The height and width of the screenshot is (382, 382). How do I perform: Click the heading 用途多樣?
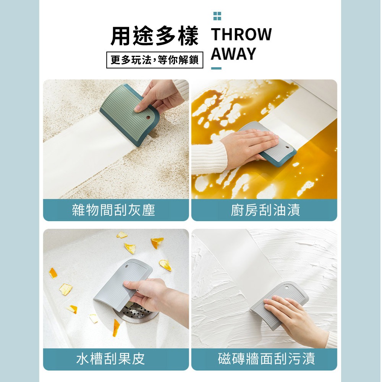(x=154, y=36)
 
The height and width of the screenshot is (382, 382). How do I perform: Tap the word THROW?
(x=241, y=34)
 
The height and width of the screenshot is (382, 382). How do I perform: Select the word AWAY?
(x=233, y=53)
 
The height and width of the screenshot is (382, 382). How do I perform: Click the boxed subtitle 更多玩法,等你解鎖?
(x=155, y=60)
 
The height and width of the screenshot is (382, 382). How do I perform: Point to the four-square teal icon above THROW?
(x=217, y=16)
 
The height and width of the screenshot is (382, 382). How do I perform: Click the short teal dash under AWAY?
(x=216, y=68)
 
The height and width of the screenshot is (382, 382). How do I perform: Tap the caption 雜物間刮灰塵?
(x=113, y=210)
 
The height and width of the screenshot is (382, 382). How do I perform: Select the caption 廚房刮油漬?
(x=265, y=210)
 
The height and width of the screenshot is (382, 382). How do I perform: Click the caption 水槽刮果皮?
(x=111, y=359)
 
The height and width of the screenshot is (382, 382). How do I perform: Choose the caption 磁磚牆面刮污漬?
(x=267, y=359)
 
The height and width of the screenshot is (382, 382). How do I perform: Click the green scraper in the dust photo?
(x=129, y=115)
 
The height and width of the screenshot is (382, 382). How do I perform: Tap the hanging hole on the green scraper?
(x=148, y=118)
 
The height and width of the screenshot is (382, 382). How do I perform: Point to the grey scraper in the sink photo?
(x=123, y=285)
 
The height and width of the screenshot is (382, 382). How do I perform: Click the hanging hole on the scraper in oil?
(x=287, y=147)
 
